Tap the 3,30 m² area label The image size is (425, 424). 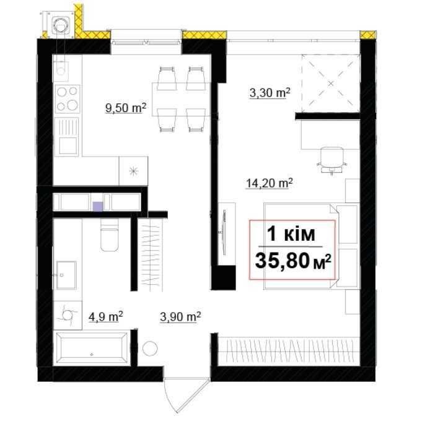269,93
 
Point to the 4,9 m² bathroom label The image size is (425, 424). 106,316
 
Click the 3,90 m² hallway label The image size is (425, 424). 180,316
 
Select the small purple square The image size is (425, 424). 98,206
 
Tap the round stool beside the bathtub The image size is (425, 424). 150,348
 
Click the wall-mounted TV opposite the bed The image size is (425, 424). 224,232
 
